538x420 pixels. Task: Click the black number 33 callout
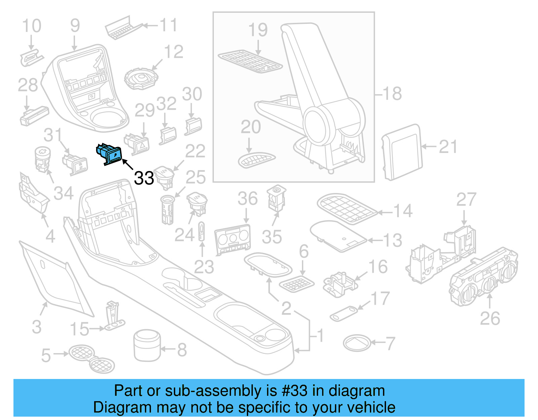144,178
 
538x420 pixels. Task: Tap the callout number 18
392,93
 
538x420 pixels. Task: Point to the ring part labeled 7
357,343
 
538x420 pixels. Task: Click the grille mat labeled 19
250,62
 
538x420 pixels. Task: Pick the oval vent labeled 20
256,160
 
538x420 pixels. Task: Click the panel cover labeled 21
402,152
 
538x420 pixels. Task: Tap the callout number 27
466,200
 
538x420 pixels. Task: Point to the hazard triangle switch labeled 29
137,144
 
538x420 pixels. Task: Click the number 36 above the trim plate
247,198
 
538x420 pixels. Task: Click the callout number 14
402,211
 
